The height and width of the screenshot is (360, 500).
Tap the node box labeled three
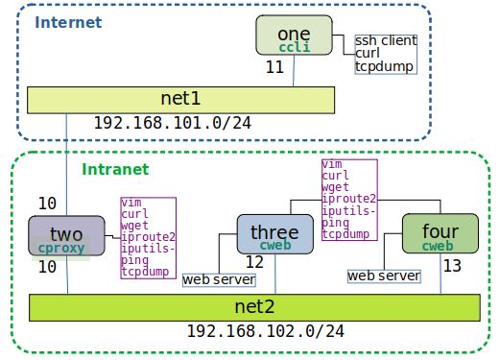275,234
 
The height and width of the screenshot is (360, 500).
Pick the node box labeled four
440,233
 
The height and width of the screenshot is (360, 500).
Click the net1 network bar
180,99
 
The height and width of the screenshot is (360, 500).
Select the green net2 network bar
253,307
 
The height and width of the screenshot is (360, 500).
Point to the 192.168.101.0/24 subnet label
173,124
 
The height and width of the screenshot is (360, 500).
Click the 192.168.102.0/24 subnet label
264,332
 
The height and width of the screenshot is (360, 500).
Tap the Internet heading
68,21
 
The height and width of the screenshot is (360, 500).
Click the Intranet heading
115,169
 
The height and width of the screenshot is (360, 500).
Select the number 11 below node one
274,68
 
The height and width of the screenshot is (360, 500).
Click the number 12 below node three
254,261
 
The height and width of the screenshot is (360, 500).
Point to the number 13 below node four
452,264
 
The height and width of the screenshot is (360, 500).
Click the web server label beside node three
219,279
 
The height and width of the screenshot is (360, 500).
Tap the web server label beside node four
384,276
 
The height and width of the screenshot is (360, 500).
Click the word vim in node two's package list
132,203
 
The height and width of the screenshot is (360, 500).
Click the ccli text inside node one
294,46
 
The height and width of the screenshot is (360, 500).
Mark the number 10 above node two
47,204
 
